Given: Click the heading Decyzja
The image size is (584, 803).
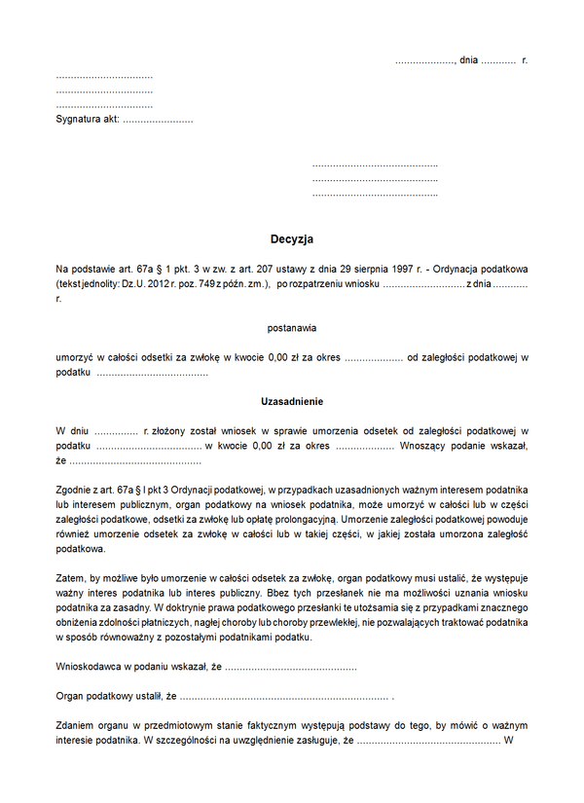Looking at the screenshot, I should click(x=292, y=238).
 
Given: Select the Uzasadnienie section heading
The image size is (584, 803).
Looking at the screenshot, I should click(x=292, y=401).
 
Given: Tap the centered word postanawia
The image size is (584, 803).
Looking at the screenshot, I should click(x=292, y=328).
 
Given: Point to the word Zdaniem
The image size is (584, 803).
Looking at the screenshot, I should click(x=75, y=727).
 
